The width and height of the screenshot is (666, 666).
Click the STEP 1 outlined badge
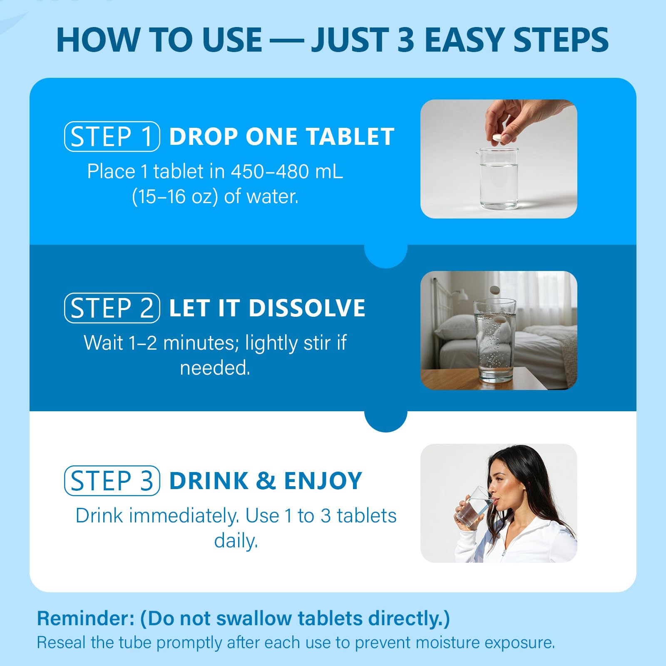[x=112, y=137]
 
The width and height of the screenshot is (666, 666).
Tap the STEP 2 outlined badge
[x=112, y=308]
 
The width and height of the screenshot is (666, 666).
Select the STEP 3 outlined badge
[x=112, y=481]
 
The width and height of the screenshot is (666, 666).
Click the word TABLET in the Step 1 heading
[x=350, y=137]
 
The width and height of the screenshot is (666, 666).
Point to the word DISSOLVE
[x=307, y=308]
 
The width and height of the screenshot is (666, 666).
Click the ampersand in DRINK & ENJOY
[x=266, y=481]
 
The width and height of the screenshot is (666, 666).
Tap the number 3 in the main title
[x=406, y=40]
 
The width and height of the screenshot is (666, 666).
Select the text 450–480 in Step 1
[x=269, y=171]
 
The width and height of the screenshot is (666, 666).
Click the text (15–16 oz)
[x=175, y=196]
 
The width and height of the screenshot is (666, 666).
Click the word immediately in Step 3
[x=184, y=516]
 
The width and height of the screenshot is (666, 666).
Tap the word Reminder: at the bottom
[x=86, y=618]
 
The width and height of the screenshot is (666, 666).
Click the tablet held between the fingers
[x=497, y=137]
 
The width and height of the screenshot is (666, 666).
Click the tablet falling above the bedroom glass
[x=494, y=290]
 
